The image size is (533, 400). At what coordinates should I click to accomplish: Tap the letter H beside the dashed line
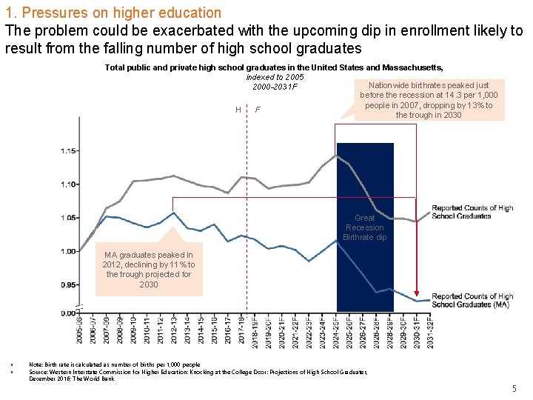(238, 110)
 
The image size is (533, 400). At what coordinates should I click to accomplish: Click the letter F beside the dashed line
(257, 110)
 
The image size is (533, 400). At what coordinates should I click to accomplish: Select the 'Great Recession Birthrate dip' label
(365, 227)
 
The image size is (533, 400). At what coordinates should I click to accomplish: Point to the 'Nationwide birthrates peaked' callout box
(429, 100)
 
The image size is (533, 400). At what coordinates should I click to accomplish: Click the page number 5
(514, 389)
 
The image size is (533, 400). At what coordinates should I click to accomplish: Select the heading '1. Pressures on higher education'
(113, 13)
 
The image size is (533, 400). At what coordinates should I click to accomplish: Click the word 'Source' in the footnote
(39, 371)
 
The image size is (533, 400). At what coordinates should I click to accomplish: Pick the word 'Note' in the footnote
(36, 364)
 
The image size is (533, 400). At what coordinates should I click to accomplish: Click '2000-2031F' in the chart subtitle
(275, 87)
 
